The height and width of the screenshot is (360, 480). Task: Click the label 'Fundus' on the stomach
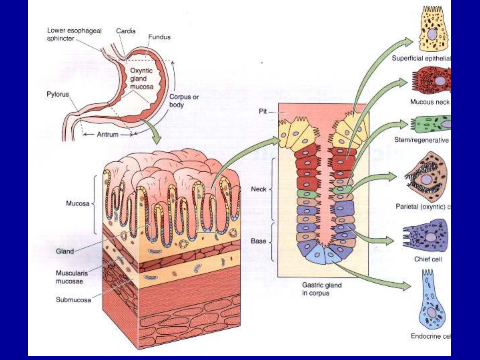click(x=159, y=37)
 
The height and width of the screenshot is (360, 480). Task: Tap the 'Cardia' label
click(x=126, y=31)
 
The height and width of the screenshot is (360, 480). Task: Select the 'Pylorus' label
click(x=58, y=94)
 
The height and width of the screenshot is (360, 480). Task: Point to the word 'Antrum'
click(x=108, y=135)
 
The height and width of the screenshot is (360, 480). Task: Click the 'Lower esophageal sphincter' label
click(x=74, y=34)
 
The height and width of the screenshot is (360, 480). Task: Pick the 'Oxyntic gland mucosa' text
click(x=142, y=79)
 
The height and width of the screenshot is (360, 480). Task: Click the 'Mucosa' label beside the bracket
click(x=78, y=203)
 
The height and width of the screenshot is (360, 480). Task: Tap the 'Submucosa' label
click(x=73, y=300)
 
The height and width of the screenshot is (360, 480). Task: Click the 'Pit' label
click(x=263, y=112)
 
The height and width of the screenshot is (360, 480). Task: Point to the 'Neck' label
click(x=258, y=189)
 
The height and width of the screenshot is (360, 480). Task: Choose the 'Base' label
click(x=258, y=240)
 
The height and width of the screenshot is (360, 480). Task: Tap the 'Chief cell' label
click(x=428, y=259)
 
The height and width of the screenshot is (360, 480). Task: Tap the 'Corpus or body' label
click(x=184, y=101)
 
